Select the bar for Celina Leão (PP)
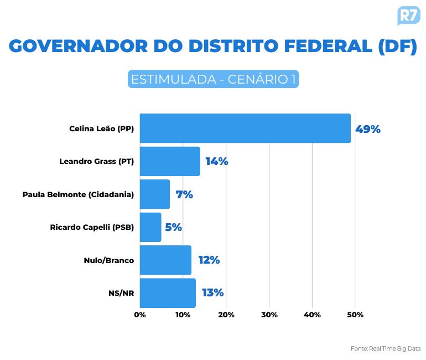[245, 128]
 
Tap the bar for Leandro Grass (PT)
[170, 161]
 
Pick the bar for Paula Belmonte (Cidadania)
[155, 194]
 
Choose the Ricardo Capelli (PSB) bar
[150, 227]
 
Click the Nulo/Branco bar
[165, 260]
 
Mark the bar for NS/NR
[168, 292]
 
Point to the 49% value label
[368, 129]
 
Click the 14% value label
[217, 162]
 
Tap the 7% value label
[184, 194]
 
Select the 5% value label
[173, 227]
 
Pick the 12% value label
[209, 260]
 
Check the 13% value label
[212, 292]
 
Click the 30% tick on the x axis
[269, 315]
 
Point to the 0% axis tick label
[140, 315]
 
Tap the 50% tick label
[355, 315]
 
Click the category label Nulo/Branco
[109, 260]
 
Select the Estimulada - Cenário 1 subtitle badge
[213, 79]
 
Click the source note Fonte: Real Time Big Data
[386, 348]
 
